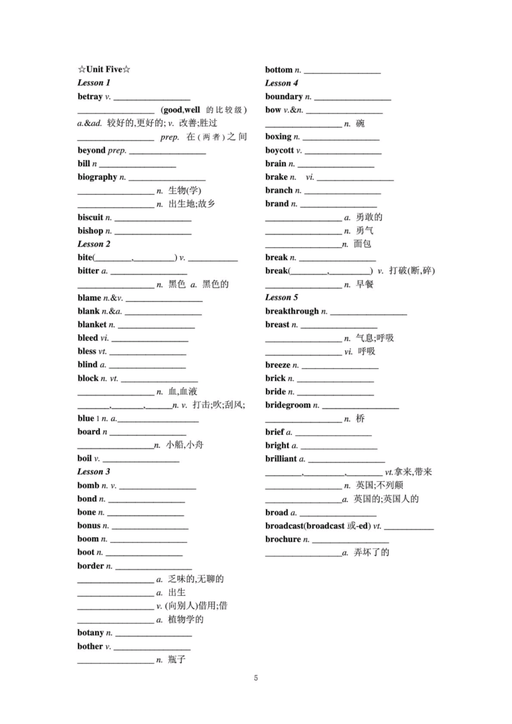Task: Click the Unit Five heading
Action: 104,69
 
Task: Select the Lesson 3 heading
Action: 94,471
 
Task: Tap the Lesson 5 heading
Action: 282,297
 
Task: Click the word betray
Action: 90,96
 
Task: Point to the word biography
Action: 97,177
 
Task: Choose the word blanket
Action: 92,325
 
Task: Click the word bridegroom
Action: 288,405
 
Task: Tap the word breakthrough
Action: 292,311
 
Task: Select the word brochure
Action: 283,539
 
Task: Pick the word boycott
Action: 280,150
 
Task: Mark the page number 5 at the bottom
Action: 256,678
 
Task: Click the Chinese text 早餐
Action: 365,284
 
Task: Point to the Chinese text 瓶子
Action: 176,659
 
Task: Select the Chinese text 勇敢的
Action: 369,217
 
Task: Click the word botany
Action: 91,633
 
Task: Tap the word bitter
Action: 88,271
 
